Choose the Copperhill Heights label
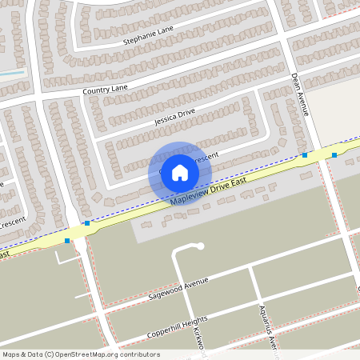coord(177,327)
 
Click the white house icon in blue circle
coord(180,173)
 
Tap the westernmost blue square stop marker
coord(67,240)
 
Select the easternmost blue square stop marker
coord(334,155)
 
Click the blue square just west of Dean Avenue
coord(304,155)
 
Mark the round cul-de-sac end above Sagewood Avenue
coord(199,246)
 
